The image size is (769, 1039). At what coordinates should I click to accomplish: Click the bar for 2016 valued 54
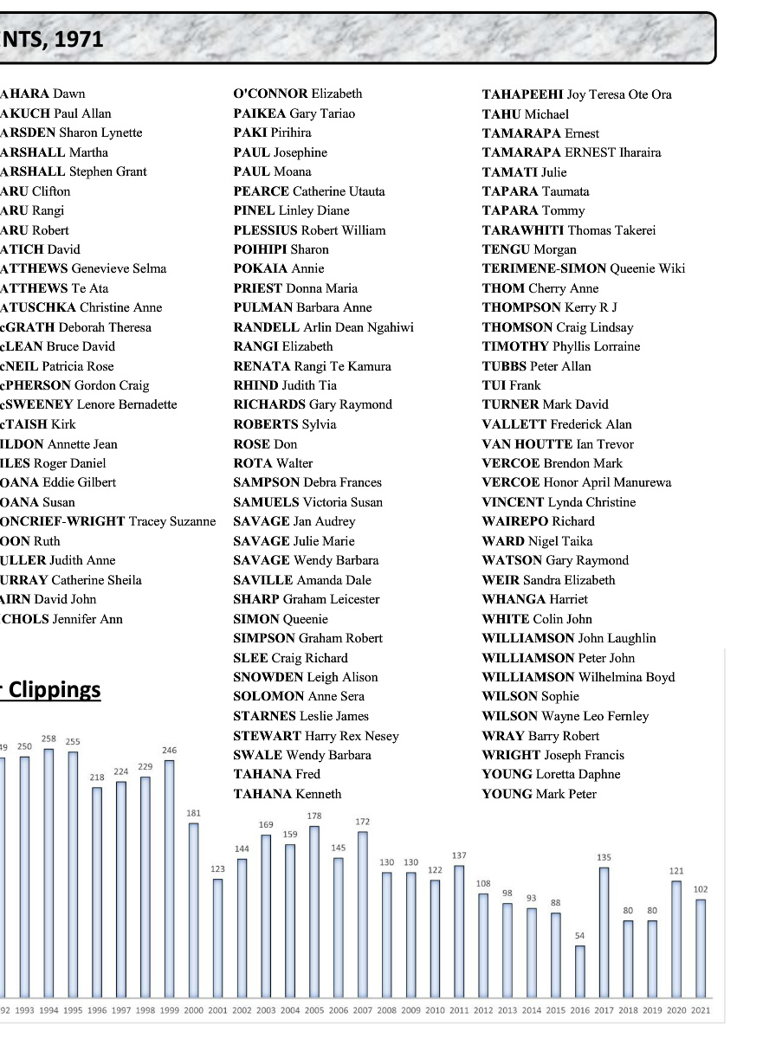(x=580, y=971)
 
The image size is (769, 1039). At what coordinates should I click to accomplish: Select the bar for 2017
(x=604, y=931)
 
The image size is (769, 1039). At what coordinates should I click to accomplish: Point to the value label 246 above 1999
(x=170, y=750)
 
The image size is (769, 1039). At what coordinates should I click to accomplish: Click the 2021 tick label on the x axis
(x=701, y=1010)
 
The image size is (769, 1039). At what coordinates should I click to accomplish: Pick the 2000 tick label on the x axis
(x=194, y=1010)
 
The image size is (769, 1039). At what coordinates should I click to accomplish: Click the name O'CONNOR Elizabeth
(x=298, y=94)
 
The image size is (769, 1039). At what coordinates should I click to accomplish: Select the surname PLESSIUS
(x=265, y=230)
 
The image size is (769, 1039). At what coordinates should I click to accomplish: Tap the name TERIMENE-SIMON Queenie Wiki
(x=583, y=268)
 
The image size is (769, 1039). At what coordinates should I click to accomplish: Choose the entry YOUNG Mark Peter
(x=539, y=794)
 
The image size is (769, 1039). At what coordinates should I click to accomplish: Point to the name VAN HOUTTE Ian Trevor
(x=558, y=443)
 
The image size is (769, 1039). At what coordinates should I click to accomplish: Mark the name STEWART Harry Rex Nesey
(x=316, y=736)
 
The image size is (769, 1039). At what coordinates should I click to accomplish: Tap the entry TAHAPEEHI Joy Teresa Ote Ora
(x=577, y=94)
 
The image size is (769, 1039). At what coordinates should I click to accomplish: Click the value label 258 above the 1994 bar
(x=49, y=739)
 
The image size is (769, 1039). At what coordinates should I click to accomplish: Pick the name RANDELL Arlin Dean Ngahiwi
(x=323, y=327)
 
